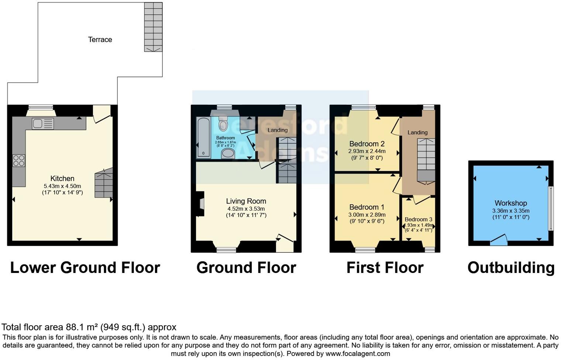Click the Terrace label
100,39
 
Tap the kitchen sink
42,124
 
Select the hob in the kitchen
19,160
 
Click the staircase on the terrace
153,27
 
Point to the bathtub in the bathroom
203,138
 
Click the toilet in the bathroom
223,124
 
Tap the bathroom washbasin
228,153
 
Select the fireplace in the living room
200,204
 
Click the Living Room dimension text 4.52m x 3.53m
246,209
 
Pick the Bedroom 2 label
367,144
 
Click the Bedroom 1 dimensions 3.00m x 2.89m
367,215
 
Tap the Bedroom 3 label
418,219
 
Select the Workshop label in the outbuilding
510,203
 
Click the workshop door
499,240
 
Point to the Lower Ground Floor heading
85,268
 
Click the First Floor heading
385,268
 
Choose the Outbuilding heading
511,268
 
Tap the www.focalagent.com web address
358,353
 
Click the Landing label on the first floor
417,132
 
